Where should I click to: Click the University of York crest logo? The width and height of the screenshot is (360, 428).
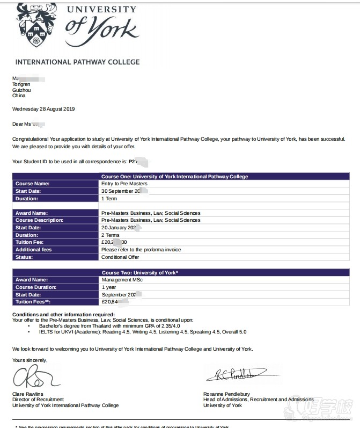[36, 24]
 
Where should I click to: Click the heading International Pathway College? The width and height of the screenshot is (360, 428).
[77, 62]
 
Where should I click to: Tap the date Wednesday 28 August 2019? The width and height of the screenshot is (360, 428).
[43, 109]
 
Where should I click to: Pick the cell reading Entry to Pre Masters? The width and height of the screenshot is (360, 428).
[124, 184]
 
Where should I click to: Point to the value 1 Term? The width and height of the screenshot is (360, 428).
[110, 198]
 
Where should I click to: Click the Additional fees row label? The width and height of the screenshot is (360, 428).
[34, 250]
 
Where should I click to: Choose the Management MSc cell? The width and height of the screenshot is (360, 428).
[122, 280]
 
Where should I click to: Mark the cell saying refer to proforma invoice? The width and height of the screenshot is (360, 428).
[141, 250]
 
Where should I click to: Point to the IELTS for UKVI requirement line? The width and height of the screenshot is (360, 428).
[143, 332]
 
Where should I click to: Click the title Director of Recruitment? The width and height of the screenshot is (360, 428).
[38, 400]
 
